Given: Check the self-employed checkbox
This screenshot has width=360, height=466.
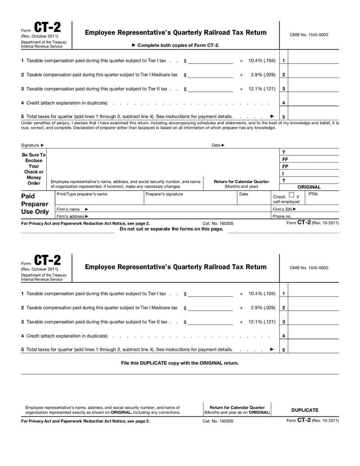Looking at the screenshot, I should click(x=292, y=195).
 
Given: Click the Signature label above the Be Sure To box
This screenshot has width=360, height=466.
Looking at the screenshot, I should click(x=30, y=145).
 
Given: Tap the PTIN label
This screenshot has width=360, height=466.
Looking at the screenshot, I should click(x=313, y=194).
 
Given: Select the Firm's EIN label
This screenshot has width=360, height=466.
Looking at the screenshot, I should click(x=284, y=209).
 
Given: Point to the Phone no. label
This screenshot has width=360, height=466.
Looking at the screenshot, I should click(x=282, y=216).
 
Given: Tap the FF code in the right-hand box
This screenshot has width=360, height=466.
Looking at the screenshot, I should click(x=285, y=159).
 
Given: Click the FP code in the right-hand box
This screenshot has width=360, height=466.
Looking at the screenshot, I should click(x=285, y=166).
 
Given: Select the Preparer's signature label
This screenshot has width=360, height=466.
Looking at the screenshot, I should click(x=164, y=194).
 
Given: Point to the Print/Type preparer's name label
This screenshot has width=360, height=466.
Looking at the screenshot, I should click(x=82, y=194).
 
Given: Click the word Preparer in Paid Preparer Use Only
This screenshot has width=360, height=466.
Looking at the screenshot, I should click(x=35, y=204).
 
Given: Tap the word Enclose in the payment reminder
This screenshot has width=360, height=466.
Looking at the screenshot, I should click(x=34, y=161).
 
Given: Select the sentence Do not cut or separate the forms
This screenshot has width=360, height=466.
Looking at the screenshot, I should click(x=171, y=229).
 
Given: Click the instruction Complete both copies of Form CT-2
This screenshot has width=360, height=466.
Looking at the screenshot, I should click(x=178, y=45).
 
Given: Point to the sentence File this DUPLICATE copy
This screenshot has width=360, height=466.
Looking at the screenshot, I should click(x=180, y=363).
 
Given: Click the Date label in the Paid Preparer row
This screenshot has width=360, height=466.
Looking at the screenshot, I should click(x=243, y=194).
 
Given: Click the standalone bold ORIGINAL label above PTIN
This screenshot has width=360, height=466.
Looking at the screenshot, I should click(x=309, y=187).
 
